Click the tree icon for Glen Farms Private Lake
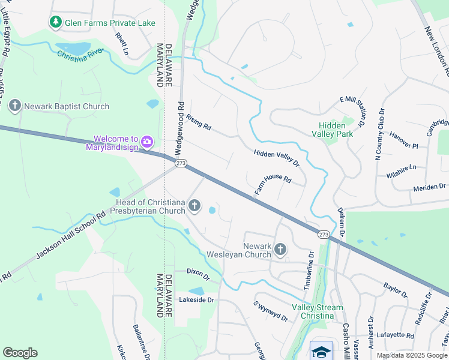click(56, 22)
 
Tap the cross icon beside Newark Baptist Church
click(15, 106)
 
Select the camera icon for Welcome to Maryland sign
click(147, 142)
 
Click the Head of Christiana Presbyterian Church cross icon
click(194, 206)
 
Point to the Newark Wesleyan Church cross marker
click(280, 249)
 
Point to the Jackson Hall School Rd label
click(70, 235)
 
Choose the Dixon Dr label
click(197, 275)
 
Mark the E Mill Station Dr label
click(352, 111)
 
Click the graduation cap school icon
click(322, 350)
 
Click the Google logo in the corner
click(20, 353)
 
